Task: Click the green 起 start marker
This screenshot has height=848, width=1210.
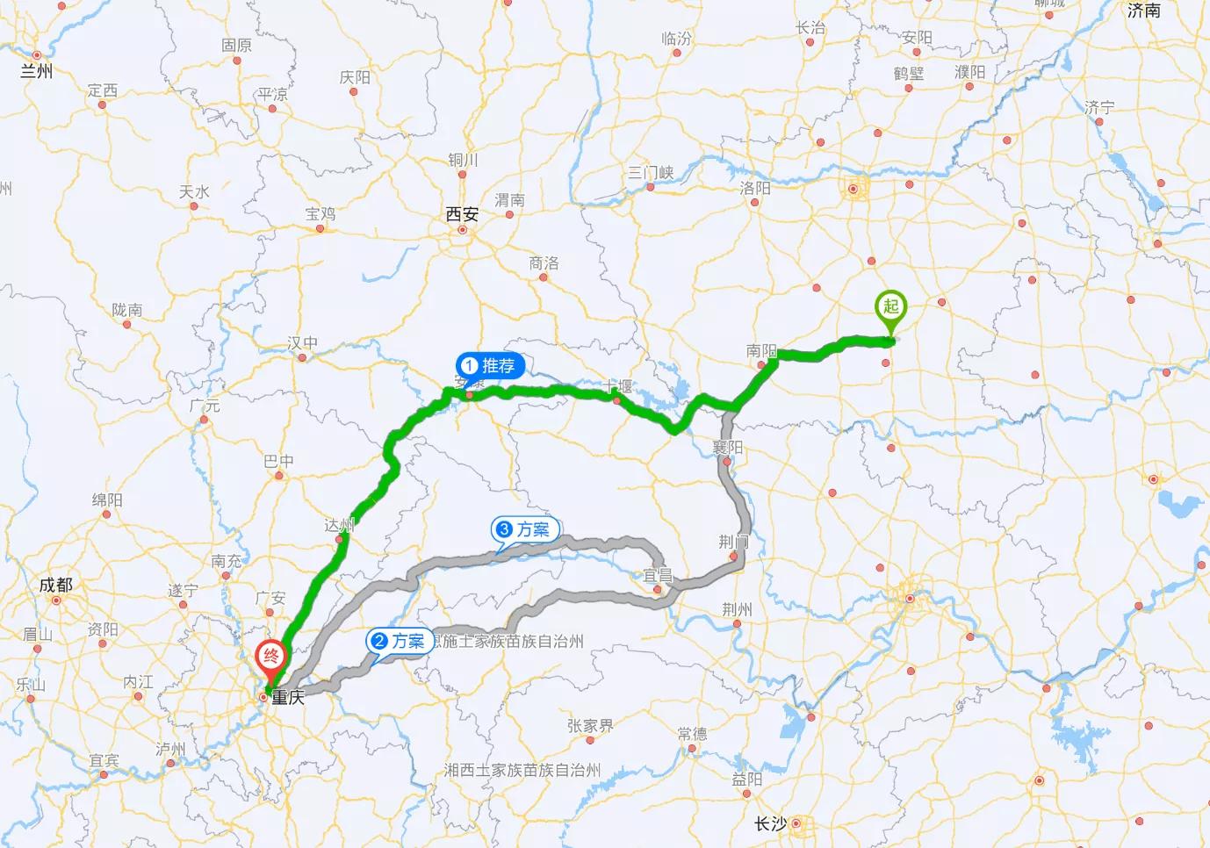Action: tap(890, 308)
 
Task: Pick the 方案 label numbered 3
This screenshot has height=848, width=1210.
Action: tap(524, 529)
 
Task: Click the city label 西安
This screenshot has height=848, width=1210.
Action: tap(462, 214)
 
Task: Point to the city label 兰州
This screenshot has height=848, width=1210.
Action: tap(36, 71)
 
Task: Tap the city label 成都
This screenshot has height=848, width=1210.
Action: tap(55, 585)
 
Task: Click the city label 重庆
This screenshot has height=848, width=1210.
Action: tap(288, 698)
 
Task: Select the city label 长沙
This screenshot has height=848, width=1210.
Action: tap(770, 823)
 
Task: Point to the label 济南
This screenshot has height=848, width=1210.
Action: tap(1143, 11)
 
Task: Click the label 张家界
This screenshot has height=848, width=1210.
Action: tap(590, 726)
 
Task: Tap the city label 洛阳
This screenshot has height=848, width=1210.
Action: tap(754, 188)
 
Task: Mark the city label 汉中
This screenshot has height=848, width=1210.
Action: tap(303, 342)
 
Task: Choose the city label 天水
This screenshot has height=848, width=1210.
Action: tap(194, 191)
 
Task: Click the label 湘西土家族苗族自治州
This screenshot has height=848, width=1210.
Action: tap(522, 770)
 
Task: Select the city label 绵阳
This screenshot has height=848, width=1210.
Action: tap(107, 499)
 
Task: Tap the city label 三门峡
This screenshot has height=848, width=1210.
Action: tap(651, 172)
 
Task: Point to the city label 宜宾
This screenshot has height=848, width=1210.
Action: tap(104, 760)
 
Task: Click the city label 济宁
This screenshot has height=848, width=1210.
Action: tap(1099, 107)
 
